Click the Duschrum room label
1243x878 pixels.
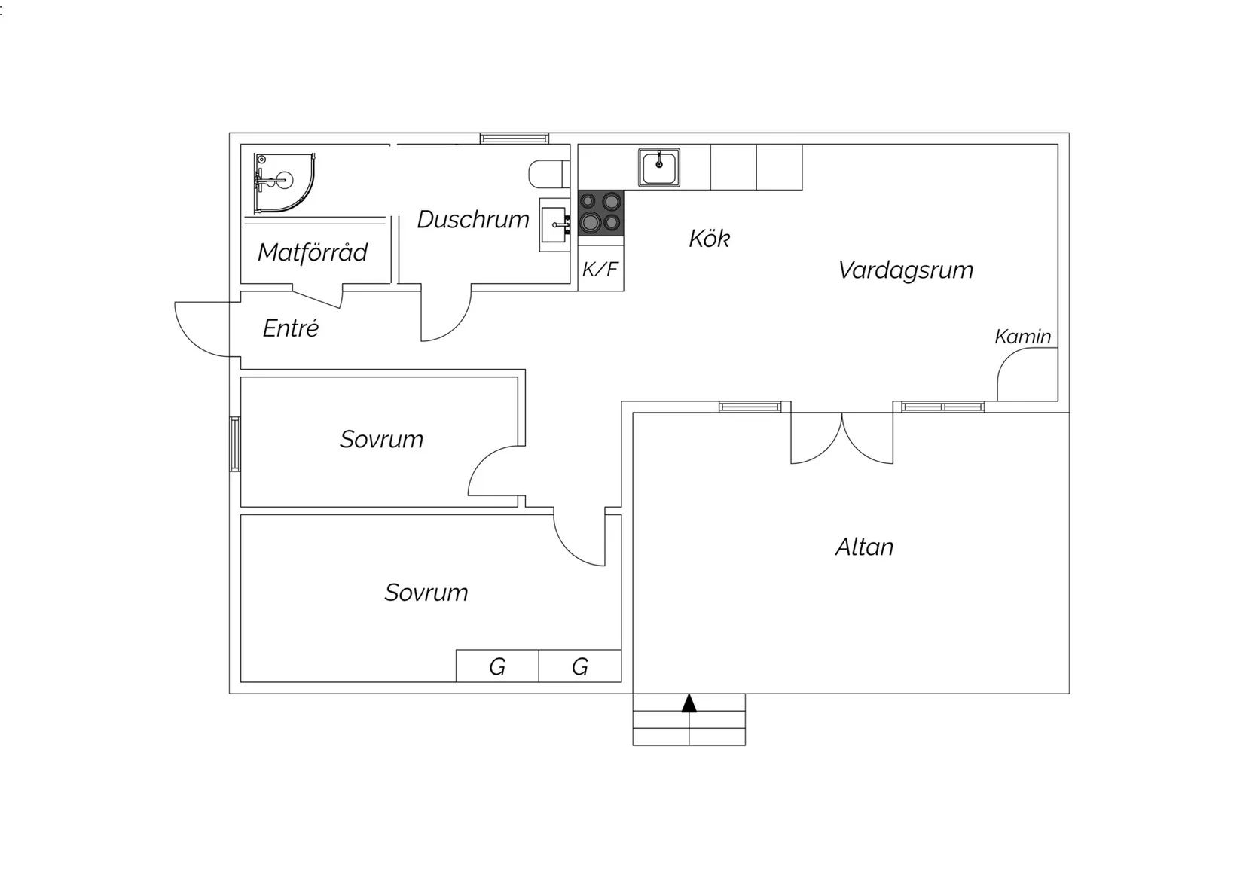pyautogui.click(x=473, y=220)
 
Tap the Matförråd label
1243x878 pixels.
pyautogui.click(x=313, y=252)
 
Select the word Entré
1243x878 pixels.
pyautogui.click(x=291, y=328)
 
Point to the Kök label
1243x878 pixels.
pyautogui.click(x=709, y=239)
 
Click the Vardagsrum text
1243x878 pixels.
pyautogui.click(x=906, y=270)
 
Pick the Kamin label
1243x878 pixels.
pyautogui.click(x=1023, y=337)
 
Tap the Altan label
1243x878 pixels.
pyautogui.click(x=865, y=547)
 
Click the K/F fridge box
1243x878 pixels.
pyautogui.click(x=600, y=269)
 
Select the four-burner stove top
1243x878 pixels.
pyautogui.click(x=600, y=213)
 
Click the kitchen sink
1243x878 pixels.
pyautogui.click(x=658, y=166)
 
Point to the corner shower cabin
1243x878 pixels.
pyautogui.click(x=285, y=183)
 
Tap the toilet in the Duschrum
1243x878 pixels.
pyautogui.click(x=549, y=174)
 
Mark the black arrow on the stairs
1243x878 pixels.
pyautogui.click(x=689, y=703)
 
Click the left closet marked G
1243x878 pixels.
pyautogui.click(x=497, y=666)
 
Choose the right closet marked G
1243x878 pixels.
pyautogui.click(x=580, y=666)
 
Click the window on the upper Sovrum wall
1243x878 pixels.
pyautogui.click(x=235, y=444)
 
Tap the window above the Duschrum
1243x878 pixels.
pyautogui.click(x=515, y=138)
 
